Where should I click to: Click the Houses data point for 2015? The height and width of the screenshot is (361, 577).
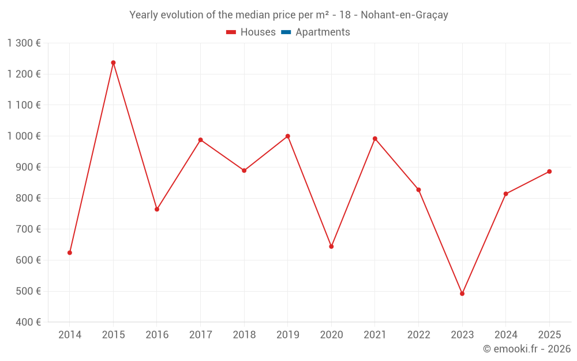click(x=113, y=62)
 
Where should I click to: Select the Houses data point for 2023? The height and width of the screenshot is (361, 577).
click(x=462, y=293)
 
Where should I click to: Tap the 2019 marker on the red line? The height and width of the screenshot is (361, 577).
click(x=287, y=136)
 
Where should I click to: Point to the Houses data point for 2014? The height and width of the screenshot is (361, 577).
click(x=70, y=252)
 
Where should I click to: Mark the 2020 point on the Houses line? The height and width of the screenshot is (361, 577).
click(x=331, y=247)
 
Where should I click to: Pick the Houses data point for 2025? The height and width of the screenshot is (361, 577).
click(x=549, y=172)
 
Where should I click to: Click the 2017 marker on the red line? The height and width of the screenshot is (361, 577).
click(x=200, y=140)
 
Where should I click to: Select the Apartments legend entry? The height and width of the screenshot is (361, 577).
click(x=323, y=32)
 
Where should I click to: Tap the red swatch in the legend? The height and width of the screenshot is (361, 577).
click(x=231, y=32)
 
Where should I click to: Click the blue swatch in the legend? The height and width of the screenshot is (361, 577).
click(x=286, y=32)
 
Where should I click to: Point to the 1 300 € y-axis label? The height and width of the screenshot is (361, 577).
click(x=24, y=43)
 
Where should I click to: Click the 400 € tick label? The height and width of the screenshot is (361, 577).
click(x=28, y=322)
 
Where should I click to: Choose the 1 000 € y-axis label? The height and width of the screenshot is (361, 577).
click(x=24, y=136)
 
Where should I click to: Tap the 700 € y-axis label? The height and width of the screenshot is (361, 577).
click(x=28, y=229)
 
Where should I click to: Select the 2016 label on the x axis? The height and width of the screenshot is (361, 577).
click(x=157, y=335)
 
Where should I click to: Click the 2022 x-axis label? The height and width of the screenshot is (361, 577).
click(x=418, y=335)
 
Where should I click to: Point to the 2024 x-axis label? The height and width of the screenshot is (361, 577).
click(x=505, y=335)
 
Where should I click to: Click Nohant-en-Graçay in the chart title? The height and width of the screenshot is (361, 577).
click(x=404, y=15)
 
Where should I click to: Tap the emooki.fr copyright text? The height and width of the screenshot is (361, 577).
click(x=526, y=349)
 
